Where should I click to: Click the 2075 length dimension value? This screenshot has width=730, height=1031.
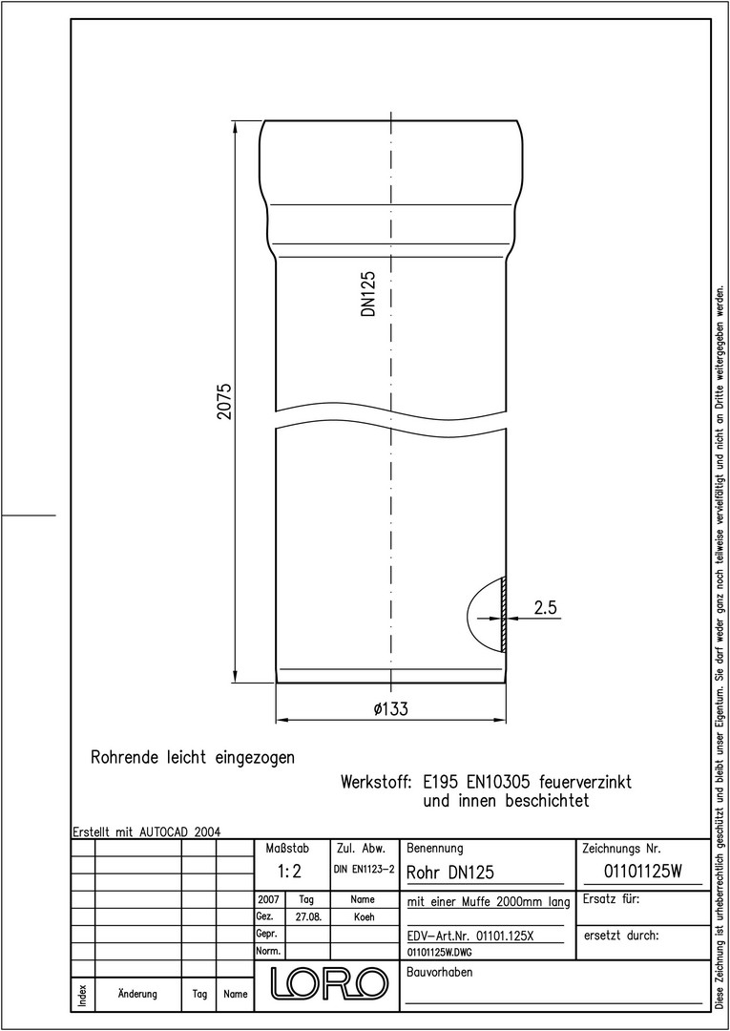click(224, 403)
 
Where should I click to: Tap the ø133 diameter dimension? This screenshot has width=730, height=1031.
click(390, 709)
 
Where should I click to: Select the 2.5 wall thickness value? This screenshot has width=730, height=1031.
click(546, 608)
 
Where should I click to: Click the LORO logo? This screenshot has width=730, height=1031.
click(326, 981)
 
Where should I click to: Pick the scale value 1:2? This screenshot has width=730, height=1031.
click(289, 872)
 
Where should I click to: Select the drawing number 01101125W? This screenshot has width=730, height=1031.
click(643, 872)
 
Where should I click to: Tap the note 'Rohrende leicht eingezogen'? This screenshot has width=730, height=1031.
click(193, 757)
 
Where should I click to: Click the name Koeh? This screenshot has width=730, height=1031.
click(364, 917)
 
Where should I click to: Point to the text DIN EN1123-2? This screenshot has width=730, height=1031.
click(364, 870)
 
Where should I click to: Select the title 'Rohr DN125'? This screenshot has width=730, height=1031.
click(450, 873)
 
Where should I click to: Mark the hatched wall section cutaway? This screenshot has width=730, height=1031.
click(503, 615)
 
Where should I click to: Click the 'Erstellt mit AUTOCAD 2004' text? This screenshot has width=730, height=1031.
click(147, 831)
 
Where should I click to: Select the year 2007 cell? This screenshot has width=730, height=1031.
click(269, 899)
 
